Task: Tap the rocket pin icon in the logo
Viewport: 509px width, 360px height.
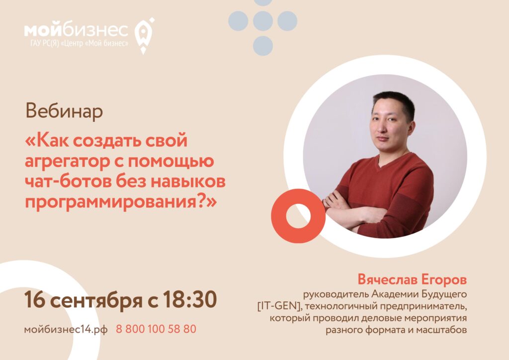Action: coord(144,34)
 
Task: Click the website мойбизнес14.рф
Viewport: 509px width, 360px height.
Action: coord(66,329)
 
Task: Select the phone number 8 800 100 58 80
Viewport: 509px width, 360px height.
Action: coord(156,329)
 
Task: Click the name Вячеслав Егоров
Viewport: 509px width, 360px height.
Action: coord(412,277)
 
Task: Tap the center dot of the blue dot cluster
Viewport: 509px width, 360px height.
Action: coord(263,21)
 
